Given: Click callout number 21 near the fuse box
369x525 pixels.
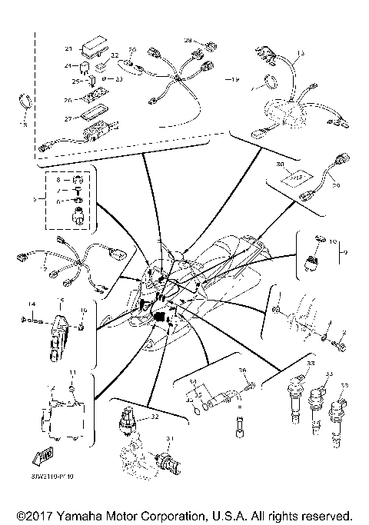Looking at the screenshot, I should pyautogui.click(x=68, y=48).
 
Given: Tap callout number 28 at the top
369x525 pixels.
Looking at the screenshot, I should pyautogui.click(x=187, y=39).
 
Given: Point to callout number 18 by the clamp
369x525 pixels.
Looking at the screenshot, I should pyautogui.click(x=24, y=123).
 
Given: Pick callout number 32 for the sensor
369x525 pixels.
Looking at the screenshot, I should pyautogui.click(x=155, y=416).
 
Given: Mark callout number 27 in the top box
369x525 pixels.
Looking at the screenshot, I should pyautogui.click(x=68, y=118).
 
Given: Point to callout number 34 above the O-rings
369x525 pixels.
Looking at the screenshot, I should pyautogui.click(x=193, y=381).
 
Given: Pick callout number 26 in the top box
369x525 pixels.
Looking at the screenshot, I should pyautogui.click(x=68, y=98).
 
